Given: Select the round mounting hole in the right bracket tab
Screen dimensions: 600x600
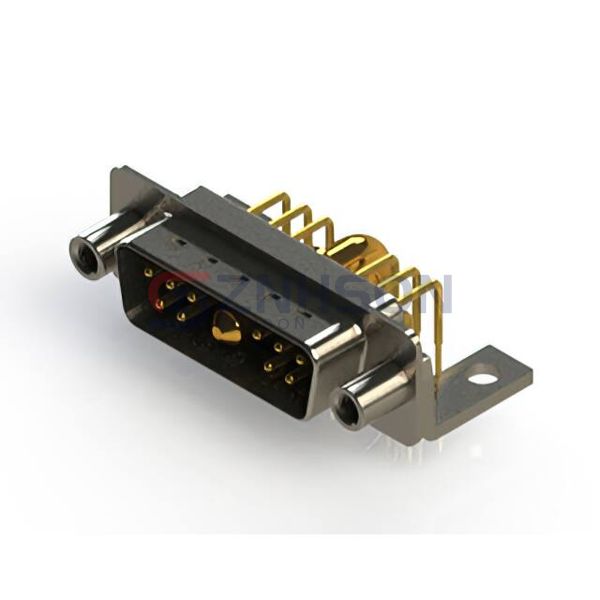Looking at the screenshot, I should pos(484,378).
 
